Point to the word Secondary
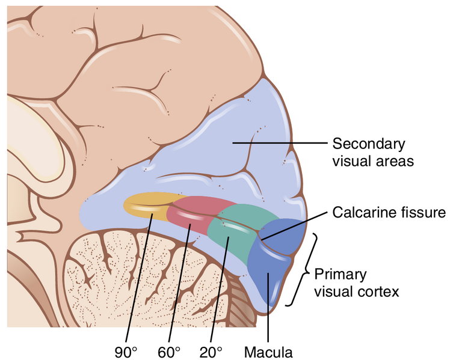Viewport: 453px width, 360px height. pyautogui.click(x=369, y=144)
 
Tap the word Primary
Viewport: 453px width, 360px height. pyautogui.click(x=341, y=274)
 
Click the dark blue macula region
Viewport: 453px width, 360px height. pyautogui.click(x=274, y=258)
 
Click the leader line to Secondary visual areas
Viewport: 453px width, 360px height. pyautogui.click(x=283, y=144)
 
